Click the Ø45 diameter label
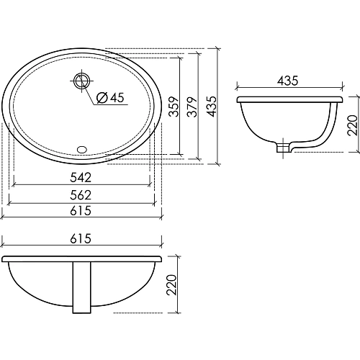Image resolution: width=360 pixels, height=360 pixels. click(109, 98)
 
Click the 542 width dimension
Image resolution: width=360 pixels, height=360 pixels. click(81, 177)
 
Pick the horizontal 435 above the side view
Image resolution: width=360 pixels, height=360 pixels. click(288, 81)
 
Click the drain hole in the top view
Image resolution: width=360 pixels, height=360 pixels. click(81, 81)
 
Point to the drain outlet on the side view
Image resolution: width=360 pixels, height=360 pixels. click(283, 149)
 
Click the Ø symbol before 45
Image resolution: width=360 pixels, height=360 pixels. click(101, 98)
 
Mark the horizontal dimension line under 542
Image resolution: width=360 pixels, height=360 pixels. click(81, 184)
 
